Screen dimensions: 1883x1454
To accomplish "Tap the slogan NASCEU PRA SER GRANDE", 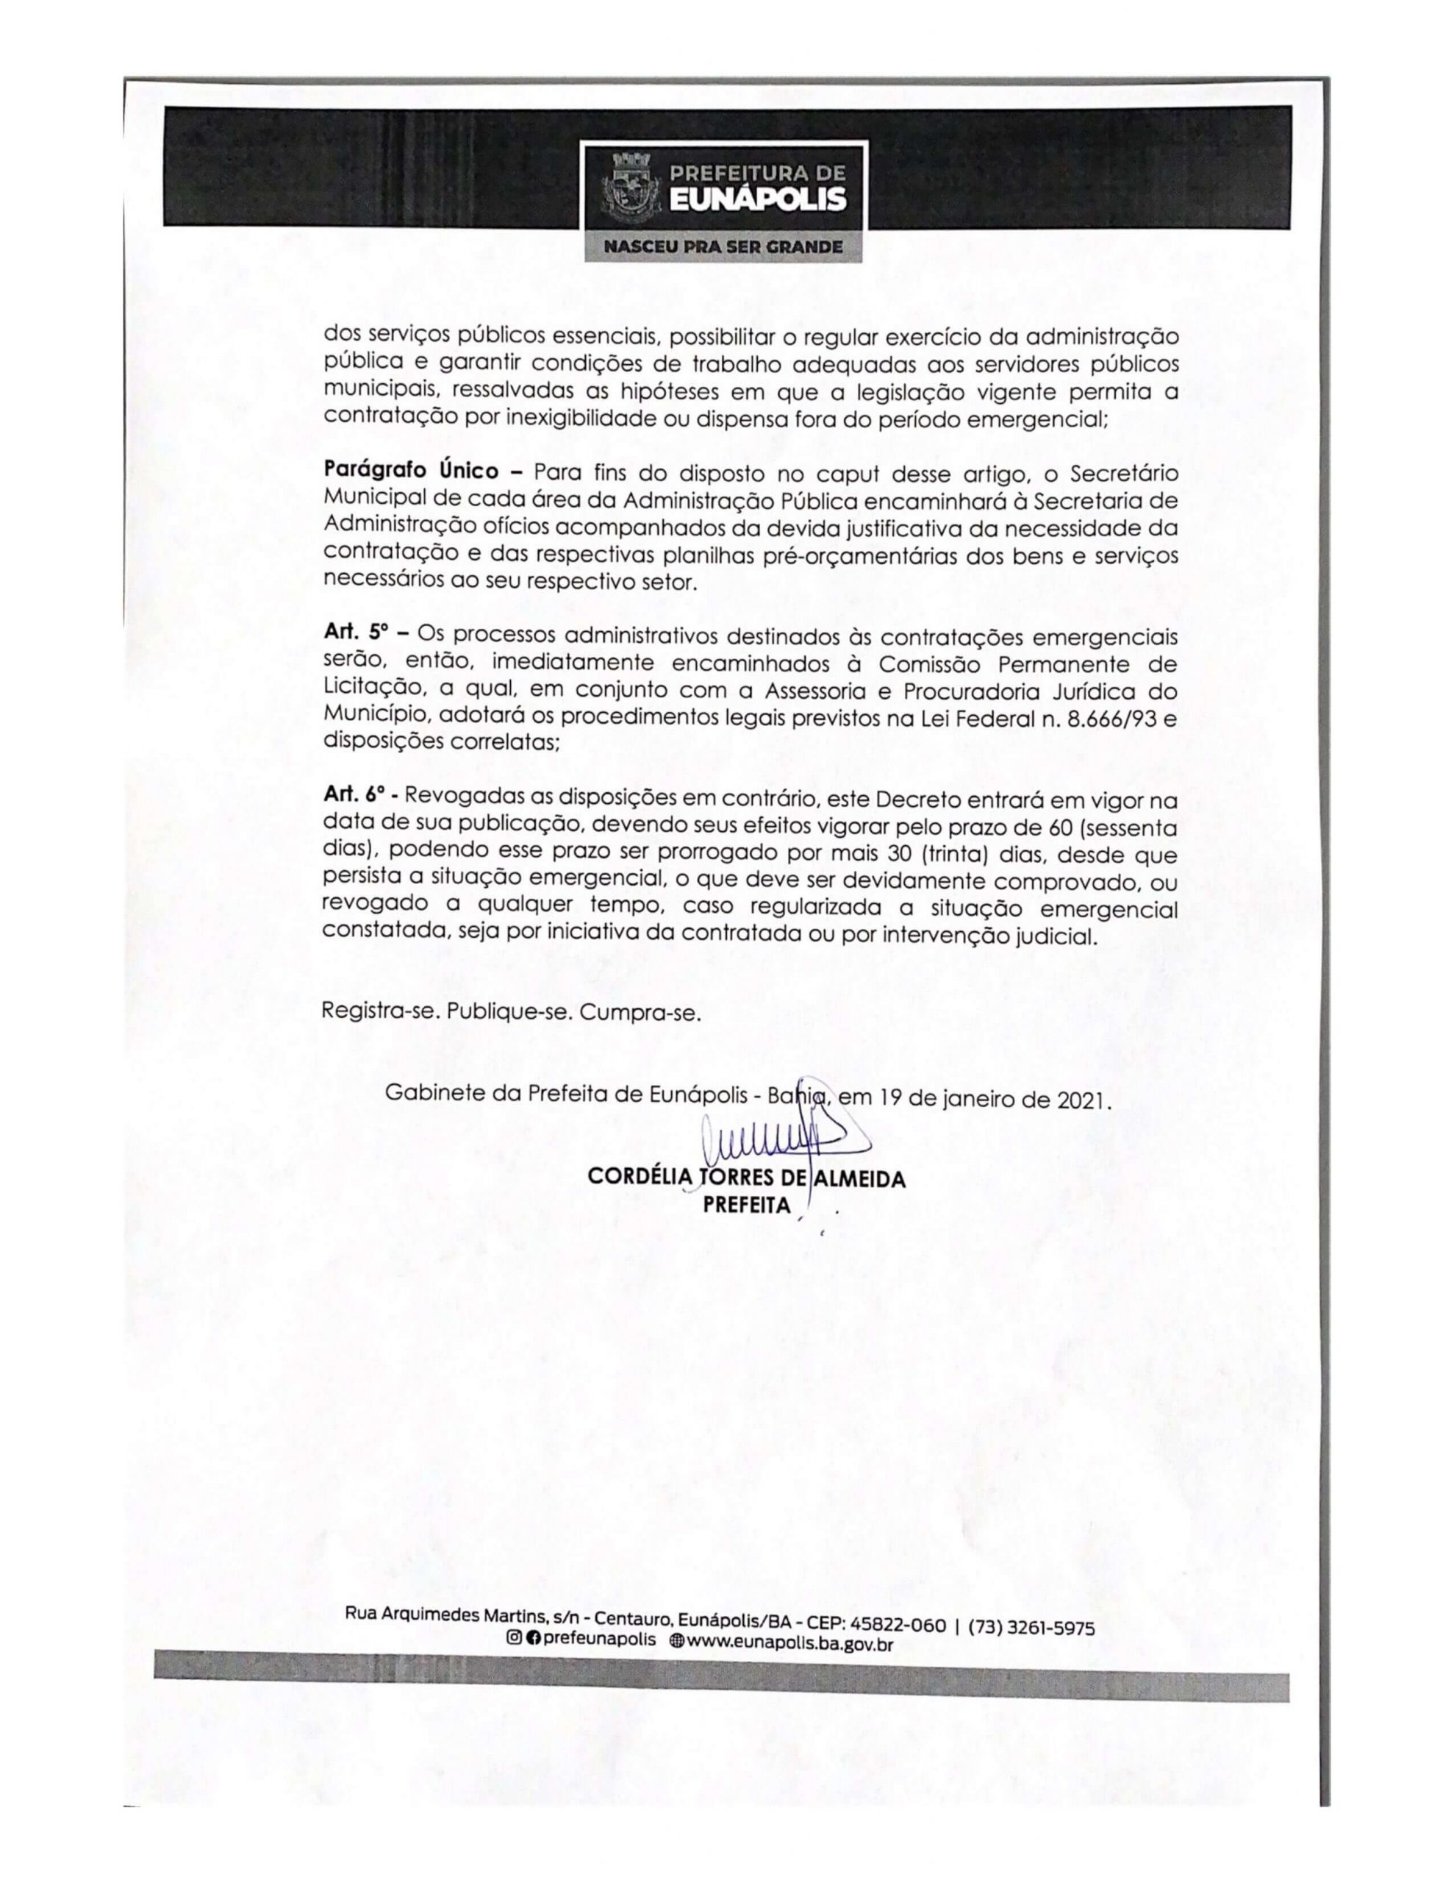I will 723,247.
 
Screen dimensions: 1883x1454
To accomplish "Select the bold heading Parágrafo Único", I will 410,471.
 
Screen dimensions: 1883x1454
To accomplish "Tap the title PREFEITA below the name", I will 746,1205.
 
